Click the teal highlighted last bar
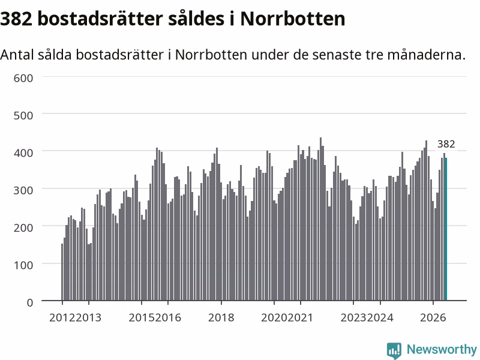tap(446, 229)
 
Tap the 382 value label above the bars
tap(446, 144)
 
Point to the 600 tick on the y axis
tap(23, 79)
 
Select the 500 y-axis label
tap(23, 116)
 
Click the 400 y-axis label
tap(23, 153)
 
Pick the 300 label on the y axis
tap(23, 190)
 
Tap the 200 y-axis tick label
tap(23, 228)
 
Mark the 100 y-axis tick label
tap(23, 265)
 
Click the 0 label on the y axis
tap(29, 303)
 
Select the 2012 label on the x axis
tap(62, 318)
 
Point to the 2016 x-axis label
tap(168, 318)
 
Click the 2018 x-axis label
tap(221, 318)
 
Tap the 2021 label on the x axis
tap(301, 318)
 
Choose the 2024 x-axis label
tap(380, 318)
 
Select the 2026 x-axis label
tap(433, 318)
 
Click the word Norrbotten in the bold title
tap(293, 19)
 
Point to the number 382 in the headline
tap(16, 19)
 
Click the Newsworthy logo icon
tap(394, 350)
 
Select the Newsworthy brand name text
tap(442, 349)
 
